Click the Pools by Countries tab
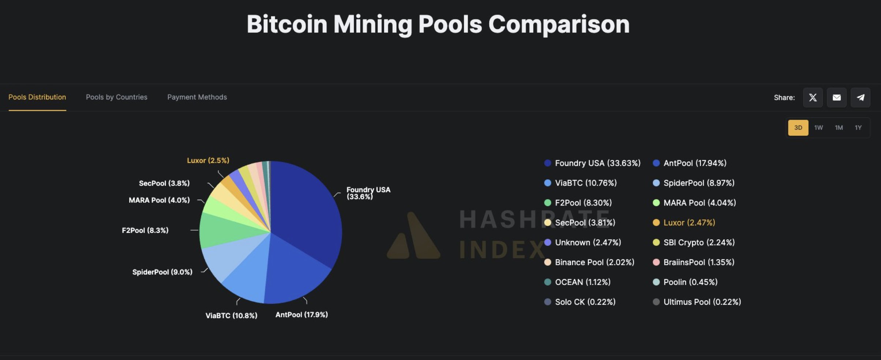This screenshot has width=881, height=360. (x=116, y=97)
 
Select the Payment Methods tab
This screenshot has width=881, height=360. (x=197, y=97)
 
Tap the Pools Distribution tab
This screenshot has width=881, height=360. (x=37, y=97)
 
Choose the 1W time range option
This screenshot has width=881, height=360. (x=818, y=128)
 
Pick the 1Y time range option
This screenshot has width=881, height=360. (x=858, y=128)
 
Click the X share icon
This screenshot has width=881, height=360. (x=813, y=98)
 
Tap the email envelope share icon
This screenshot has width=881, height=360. (x=836, y=98)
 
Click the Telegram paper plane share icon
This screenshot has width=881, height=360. (x=860, y=98)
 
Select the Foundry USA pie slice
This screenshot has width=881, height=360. (x=307, y=212)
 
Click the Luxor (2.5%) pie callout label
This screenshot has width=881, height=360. (x=208, y=161)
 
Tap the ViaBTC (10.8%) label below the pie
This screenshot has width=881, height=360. (x=231, y=315)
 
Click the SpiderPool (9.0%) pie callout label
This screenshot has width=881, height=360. (x=162, y=272)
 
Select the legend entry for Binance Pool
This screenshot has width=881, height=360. (x=594, y=262)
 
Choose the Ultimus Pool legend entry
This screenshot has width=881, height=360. (x=702, y=302)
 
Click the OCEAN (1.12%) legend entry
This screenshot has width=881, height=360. (x=582, y=282)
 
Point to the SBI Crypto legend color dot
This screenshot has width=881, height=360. (x=656, y=243)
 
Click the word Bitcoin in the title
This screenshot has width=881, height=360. (x=287, y=25)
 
